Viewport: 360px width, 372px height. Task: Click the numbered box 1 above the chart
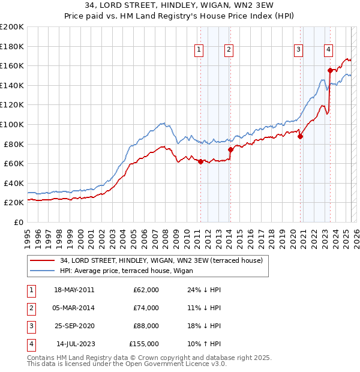pyautogui.click(x=199, y=50)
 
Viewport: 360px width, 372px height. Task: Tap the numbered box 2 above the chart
pyautogui.click(x=229, y=50)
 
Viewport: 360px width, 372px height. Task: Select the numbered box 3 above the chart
pyautogui.click(x=298, y=50)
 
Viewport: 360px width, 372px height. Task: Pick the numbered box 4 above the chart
pyautogui.click(x=329, y=50)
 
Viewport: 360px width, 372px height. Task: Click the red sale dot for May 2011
pyautogui.click(x=200, y=161)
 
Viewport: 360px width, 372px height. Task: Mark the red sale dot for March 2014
pyautogui.click(x=230, y=149)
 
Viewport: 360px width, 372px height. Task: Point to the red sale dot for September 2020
pyautogui.click(x=300, y=136)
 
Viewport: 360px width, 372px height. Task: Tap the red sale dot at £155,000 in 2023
pyautogui.click(x=330, y=70)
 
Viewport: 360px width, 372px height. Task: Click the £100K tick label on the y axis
pyautogui.click(x=11, y=124)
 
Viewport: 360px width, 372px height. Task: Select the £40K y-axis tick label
pyautogui.click(x=14, y=183)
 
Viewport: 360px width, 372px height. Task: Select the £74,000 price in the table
pyautogui.click(x=146, y=308)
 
